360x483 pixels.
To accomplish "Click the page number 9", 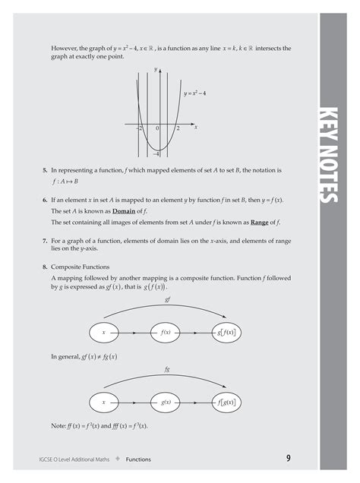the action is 289,458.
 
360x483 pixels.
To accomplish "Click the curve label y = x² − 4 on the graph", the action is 196,93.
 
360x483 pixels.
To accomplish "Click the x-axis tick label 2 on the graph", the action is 178,129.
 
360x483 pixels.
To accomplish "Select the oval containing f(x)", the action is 165,333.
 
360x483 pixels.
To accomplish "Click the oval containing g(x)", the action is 165,402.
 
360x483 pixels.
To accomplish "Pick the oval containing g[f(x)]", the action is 226,333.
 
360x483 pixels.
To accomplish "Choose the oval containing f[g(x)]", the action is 226,402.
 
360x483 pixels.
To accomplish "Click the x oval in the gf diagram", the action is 104,333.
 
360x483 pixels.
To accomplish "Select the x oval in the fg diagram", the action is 104,402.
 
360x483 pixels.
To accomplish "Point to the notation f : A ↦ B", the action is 65,182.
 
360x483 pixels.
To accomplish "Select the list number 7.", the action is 45,240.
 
